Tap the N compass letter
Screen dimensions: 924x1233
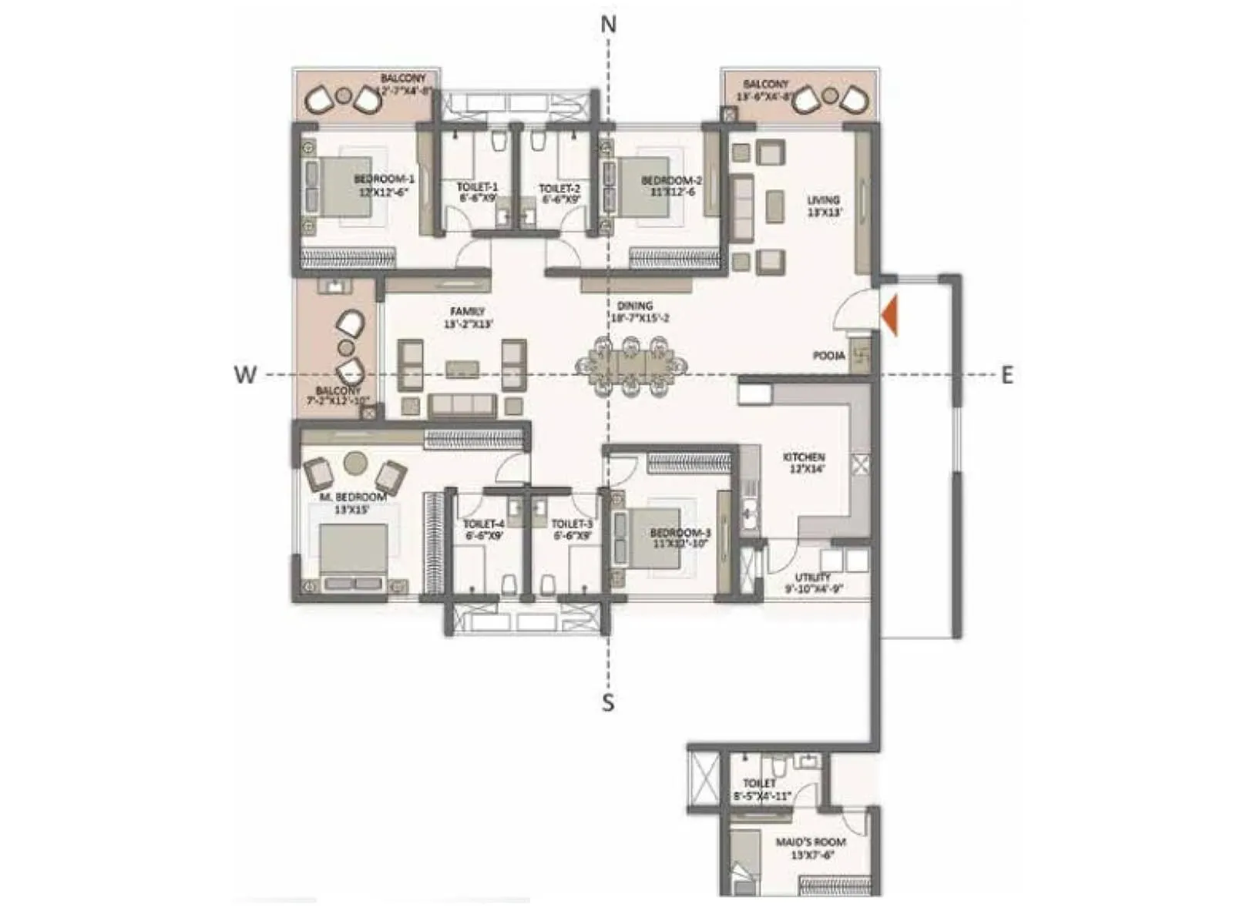tap(609, 25)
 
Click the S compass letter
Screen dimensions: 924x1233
tap(608, 702)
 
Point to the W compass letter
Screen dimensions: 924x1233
tap(244, 375)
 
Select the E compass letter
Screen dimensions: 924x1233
tap(1006, 375)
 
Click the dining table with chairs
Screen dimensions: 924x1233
tap(631, 367)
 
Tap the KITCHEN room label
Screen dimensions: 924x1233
tap(804, 457)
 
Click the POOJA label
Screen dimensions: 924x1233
tap(828, 357)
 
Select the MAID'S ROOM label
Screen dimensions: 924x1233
tap(810, 842)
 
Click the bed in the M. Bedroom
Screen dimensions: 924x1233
tap(352, 553)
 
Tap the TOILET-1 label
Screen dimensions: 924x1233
tap(477, 187)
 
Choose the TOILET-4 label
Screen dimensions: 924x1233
tap(483, 524)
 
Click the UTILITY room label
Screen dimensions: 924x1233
tap(813, 577)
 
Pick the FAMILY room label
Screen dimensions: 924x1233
tap(468, 312)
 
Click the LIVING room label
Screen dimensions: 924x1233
tap(823, 201)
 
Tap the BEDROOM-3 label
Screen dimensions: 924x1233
tap(680, 533)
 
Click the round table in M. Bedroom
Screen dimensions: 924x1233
tap(354, 462)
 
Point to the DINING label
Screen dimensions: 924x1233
tap(634, 306)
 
